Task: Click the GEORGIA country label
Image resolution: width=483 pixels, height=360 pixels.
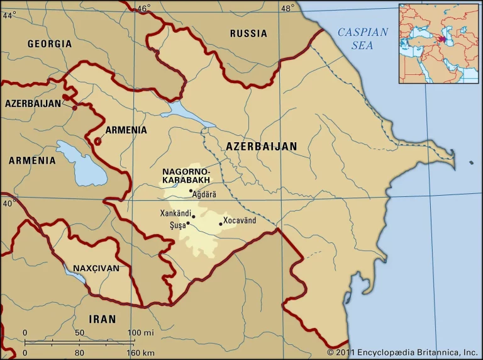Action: pyautogui.click(x=50, y=44)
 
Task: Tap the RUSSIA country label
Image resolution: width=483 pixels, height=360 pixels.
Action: pyautogui.click(x=248, y=33)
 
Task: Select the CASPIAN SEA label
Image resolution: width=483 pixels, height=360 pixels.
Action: pyautogui.click(x=363, y=38)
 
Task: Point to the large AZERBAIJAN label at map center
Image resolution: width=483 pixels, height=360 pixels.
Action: pyautogui.click(x=261, y=146)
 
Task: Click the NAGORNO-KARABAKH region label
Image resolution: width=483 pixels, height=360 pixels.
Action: pyautogui.click(x=186, y=176)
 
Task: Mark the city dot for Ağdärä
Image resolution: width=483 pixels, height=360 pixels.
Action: pyautogui.click(x=191, y=191)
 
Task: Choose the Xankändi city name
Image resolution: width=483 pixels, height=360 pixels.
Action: pyautogui.click(x=175, y=213)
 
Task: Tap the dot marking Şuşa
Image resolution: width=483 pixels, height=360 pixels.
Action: pyautogui.click(x=187, y=223)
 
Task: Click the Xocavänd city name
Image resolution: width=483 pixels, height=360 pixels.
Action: pyautogui.click(x=241, y=221)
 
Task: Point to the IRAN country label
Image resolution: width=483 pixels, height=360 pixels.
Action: pyautogui.click(x=102, y=319)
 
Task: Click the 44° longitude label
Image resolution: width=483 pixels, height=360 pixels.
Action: pyautogui.click(x=9, y=15)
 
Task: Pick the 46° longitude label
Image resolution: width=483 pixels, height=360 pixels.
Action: pyautogui.click(x=144, y=8)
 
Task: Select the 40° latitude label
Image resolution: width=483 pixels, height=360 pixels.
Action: pyautogui.click(x=9, y=203)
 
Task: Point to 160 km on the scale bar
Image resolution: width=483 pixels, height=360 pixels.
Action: pyautogui.click(x=138, y=352)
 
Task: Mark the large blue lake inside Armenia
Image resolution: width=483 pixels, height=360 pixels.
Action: pyautogui.click(x=75, y=164)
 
